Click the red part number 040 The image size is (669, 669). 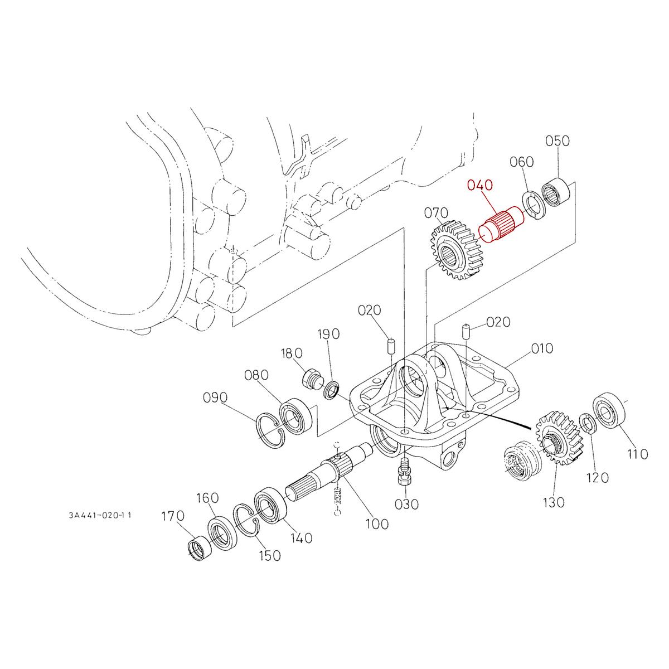(x=481, y=186)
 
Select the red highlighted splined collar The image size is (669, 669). (x=499, y=226)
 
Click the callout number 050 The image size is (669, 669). (x=557, y=141)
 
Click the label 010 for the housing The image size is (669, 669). (x=541, y=348)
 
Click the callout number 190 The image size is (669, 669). (x=328, y=334)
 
